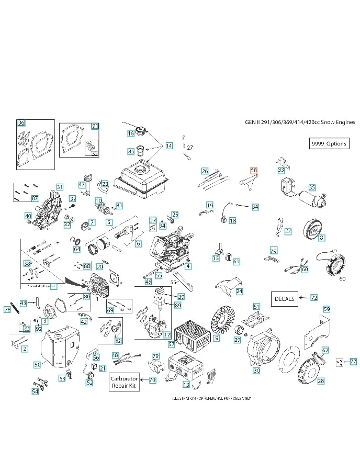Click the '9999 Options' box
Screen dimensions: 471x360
pos(329,143)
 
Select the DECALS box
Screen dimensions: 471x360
pos(284,299)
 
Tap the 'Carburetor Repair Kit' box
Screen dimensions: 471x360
pos(124,382)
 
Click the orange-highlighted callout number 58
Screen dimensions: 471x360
pos(254,171)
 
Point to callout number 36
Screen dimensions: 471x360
pos(21,122)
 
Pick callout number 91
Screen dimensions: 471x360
pos(95,126)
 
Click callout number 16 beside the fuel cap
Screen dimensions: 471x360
pos(131,133)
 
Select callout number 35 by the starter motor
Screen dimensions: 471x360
pos(312,187)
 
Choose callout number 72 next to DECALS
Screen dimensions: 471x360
pos(314,298)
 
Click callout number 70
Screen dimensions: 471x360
pos(152,380)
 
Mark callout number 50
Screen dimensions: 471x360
pos(37,364)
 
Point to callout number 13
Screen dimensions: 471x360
pos(186,385)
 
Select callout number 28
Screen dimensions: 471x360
pos(321,381)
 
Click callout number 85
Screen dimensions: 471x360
pos(131,151)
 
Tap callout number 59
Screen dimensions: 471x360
pos(327,309)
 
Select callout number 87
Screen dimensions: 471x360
pos(35,198)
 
